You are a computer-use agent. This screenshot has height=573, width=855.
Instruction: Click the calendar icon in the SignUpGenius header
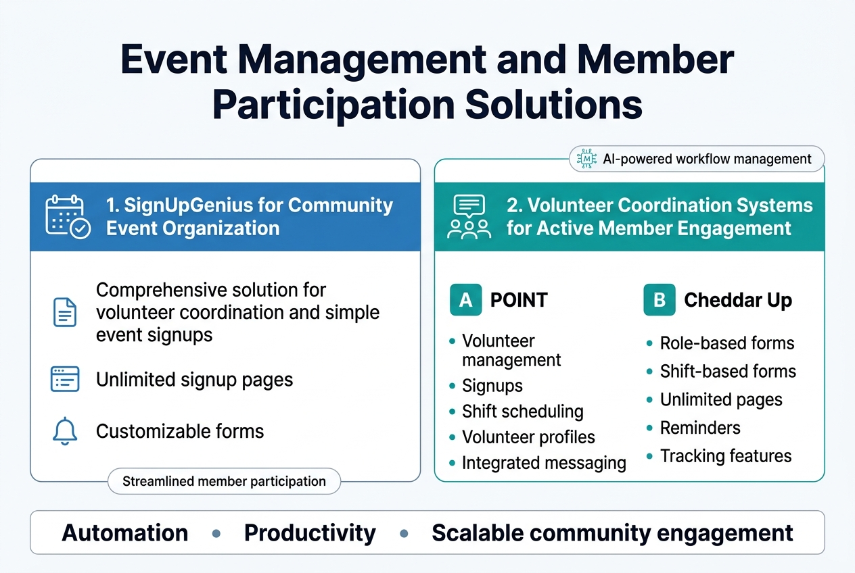point(67,216)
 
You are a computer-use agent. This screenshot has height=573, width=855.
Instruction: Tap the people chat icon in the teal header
point(469,216)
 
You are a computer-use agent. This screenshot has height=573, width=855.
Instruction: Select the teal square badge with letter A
point(465,300)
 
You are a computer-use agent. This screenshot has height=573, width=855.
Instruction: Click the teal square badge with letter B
point(660,300)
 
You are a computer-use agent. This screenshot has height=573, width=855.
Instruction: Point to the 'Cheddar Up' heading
point(737,300)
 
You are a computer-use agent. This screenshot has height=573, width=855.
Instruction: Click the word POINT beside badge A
point(518,300)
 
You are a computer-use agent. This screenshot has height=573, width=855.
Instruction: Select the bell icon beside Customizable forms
point(65,431)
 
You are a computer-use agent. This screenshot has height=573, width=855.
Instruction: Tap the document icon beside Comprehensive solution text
point(65,312)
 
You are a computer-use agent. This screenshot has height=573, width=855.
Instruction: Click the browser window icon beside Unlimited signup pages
point(65,379)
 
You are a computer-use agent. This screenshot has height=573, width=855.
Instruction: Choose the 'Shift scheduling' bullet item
point(522,412)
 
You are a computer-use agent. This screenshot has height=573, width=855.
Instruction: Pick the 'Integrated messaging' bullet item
point(543,463)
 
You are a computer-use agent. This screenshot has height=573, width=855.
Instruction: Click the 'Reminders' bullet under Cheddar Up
point(699,428)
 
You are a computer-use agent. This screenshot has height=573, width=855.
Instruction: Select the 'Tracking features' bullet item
point(725,456)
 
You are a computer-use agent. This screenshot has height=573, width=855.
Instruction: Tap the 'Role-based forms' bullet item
point(726,343)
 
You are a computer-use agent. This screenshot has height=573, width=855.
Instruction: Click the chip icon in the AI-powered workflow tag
point(586,159)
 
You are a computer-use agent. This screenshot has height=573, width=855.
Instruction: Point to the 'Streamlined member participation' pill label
point(224,482)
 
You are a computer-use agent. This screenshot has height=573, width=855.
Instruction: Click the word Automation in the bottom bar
point(125,533)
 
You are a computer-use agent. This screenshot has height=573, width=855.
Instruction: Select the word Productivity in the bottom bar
point(310,533)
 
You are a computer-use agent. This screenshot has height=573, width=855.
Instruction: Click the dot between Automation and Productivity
point(216,533)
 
